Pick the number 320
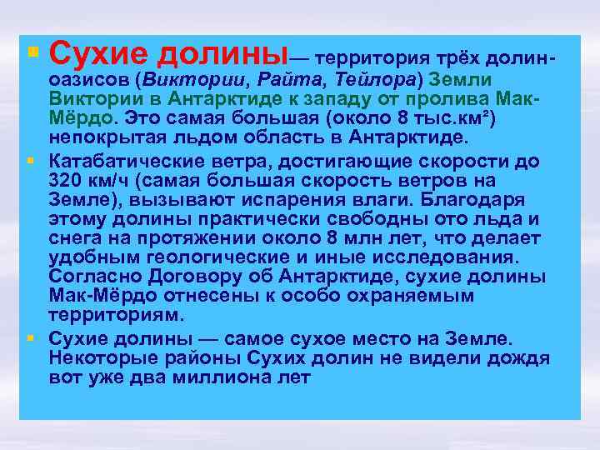point(66,181)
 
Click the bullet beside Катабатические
point(31,160)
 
